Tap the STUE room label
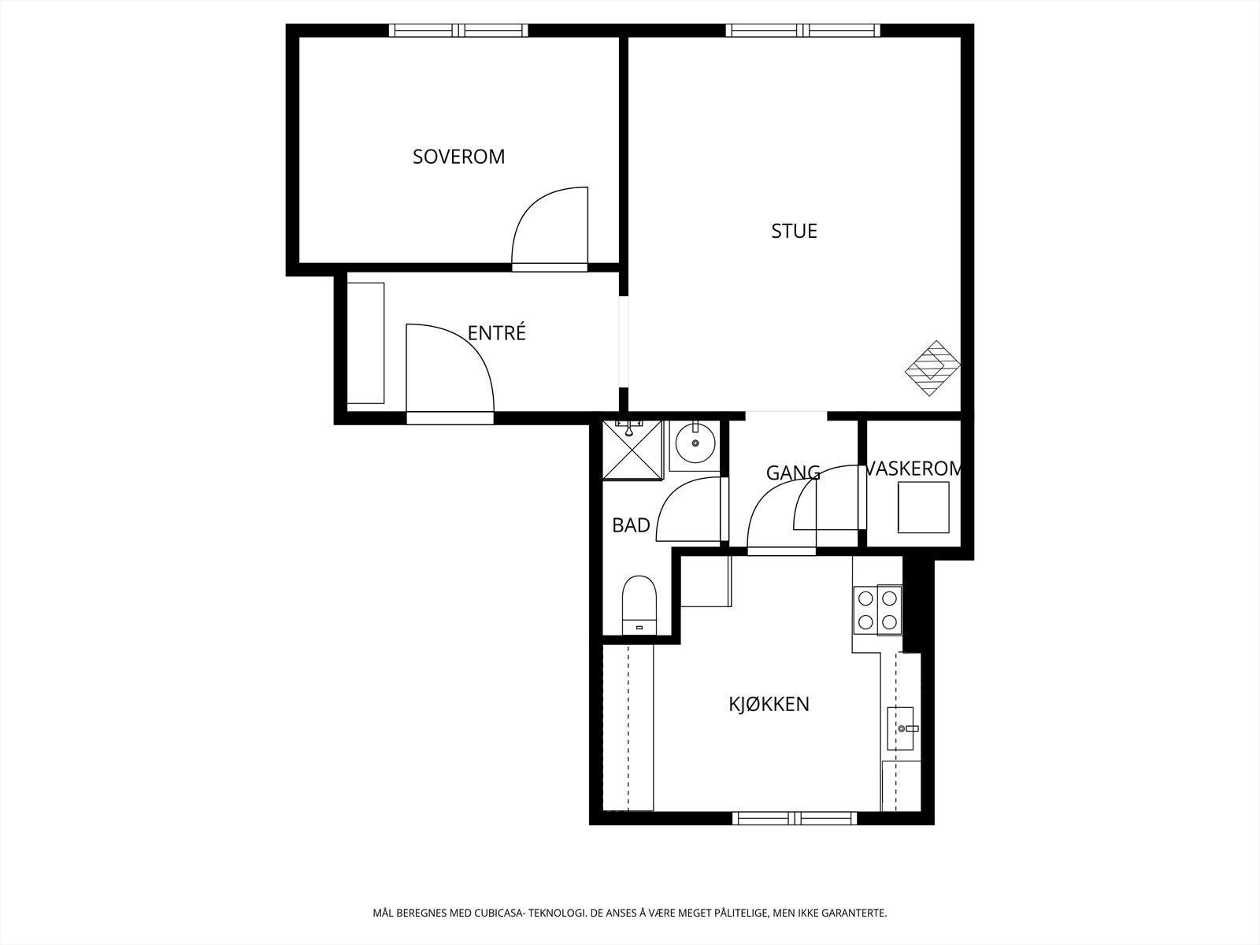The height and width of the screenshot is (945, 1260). pos(794,232)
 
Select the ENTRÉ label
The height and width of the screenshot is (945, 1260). pos(496,333)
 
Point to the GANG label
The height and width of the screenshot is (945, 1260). pos(793,473)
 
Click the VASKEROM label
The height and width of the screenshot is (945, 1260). pos(913,469)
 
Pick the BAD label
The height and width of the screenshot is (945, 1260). pos(631,525)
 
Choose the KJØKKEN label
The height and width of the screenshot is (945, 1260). pos(769,704)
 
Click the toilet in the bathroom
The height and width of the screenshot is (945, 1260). pos(639,605)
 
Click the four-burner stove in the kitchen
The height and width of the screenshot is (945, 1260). pos(877,610)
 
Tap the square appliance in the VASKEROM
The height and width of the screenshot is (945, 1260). pos(924,507)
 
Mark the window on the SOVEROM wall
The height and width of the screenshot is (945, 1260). pos(458,31)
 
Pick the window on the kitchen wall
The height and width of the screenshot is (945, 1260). pos(794,818)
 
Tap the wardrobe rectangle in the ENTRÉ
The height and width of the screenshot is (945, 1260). pos(365,343)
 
